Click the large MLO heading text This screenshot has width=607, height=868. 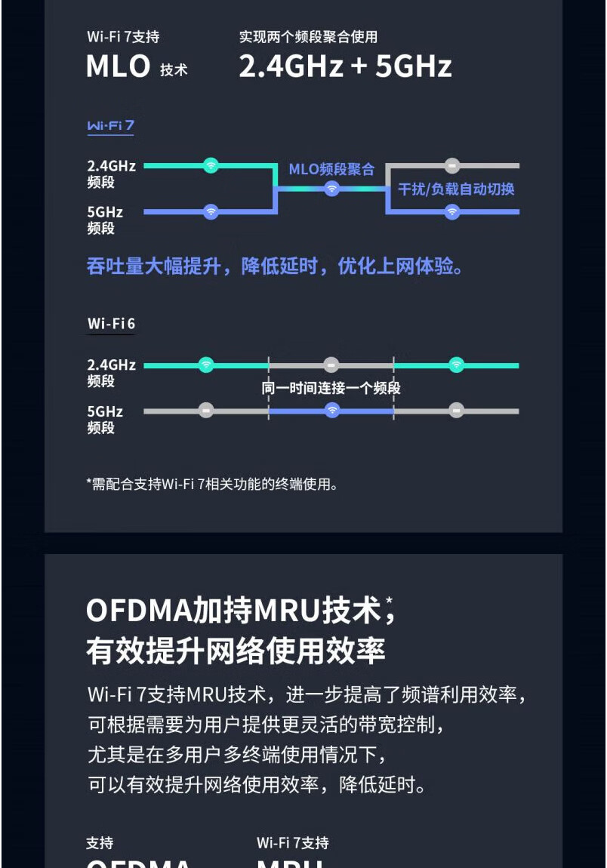119,66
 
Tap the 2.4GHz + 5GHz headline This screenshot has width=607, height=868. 345,66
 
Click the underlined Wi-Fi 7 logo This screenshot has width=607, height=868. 110,126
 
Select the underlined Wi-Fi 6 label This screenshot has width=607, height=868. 111,325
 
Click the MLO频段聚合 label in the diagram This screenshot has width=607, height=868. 331,169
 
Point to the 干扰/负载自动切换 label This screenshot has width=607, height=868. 456,189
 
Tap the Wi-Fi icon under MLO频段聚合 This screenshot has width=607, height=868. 331,189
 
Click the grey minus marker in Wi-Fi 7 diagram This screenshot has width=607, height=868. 451,165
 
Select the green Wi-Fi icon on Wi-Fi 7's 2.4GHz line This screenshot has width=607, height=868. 211,165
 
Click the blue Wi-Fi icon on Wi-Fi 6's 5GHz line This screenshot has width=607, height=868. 331,411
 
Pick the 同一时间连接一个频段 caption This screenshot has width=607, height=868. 331,388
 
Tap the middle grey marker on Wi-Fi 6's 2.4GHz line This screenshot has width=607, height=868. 331,365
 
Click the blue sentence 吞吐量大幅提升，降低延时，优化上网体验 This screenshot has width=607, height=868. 275,266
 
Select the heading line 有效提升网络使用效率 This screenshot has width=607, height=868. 236,651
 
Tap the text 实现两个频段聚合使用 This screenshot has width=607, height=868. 308,37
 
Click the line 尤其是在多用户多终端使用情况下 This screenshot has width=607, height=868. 237,754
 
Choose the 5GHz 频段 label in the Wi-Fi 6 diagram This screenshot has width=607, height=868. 104,420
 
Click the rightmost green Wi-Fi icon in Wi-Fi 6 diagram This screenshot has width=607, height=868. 456,365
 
